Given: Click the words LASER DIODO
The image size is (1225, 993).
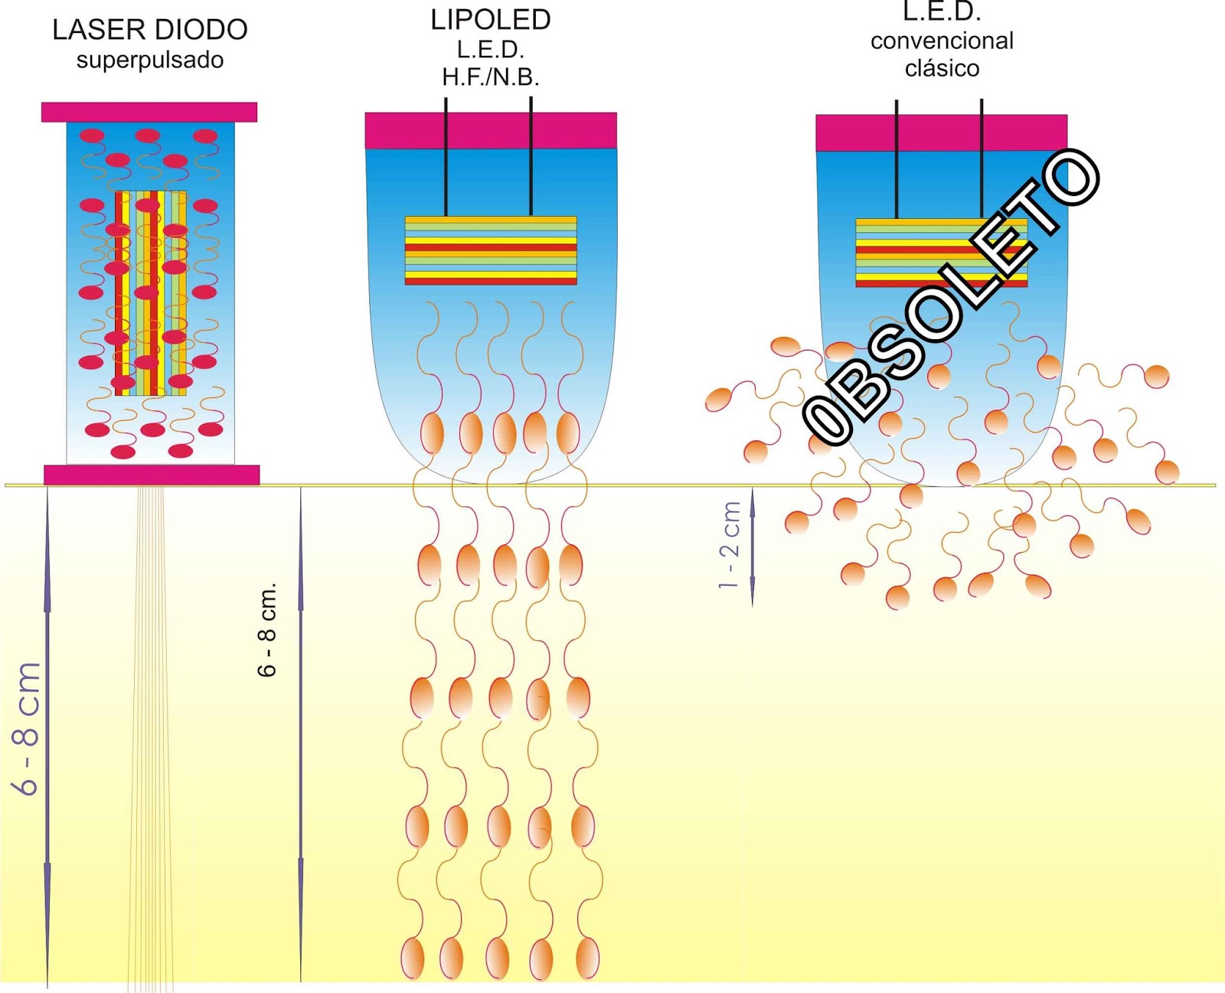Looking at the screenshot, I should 150,30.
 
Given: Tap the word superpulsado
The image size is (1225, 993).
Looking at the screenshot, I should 150,60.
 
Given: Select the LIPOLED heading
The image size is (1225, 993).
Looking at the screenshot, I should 491,20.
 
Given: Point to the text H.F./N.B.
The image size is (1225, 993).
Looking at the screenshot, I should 491,77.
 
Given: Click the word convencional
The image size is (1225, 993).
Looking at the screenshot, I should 942,41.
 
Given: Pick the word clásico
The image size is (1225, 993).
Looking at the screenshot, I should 942,68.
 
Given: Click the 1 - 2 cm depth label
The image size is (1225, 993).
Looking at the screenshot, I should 730,544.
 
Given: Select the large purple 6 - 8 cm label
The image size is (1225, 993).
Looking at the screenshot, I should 26,728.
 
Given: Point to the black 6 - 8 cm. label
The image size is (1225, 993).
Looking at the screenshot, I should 266,630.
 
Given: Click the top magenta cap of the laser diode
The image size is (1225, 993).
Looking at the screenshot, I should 149,112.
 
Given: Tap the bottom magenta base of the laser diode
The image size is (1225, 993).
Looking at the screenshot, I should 152,475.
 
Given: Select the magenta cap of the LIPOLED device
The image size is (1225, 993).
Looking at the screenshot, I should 491,130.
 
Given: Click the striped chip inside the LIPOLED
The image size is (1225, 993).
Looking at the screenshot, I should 491,250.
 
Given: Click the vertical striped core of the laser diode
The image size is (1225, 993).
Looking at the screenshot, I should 151,293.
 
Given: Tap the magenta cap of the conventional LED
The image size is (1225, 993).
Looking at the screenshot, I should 941,132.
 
